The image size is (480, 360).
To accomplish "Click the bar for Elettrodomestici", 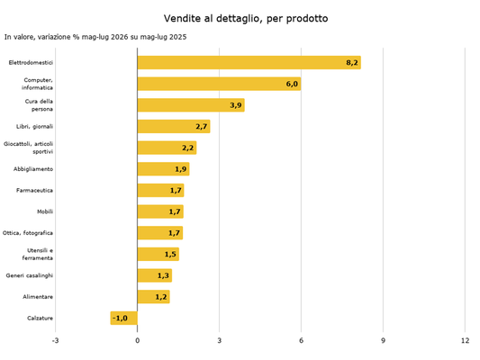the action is tap(249, 62).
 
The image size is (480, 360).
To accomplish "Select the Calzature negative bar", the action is tap(124, 318).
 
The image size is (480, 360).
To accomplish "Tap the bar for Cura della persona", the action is tap(191, 105).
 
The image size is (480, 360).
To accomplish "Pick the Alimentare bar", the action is tap(154, 297).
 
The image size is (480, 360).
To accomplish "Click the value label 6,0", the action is tap(292, 84).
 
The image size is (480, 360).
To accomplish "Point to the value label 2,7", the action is tap(202, 126).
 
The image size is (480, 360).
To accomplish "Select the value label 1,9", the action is tap(181, 169).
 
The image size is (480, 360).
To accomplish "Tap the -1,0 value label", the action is tap(120, 318).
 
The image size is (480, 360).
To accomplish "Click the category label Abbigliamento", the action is tap(33, 169).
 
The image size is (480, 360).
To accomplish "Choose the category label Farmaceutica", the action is tap(34, 190).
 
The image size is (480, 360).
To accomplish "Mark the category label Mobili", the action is tap(45, 211).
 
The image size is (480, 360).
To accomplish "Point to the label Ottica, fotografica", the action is tap(28, 233).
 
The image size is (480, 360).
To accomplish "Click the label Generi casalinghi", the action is tap(30, 275).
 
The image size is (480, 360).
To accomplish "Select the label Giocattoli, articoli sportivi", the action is tap(28, 148).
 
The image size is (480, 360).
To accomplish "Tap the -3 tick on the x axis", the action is tap(55, 340).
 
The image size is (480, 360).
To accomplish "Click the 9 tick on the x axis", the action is tap(383, 340).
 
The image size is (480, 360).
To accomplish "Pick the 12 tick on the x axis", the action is tap(465, 340).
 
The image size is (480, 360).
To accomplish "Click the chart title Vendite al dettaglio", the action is tap(246, 19).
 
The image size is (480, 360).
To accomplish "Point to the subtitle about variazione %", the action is tap(95, 37).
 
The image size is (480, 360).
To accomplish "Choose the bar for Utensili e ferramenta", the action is tap(158, 254).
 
